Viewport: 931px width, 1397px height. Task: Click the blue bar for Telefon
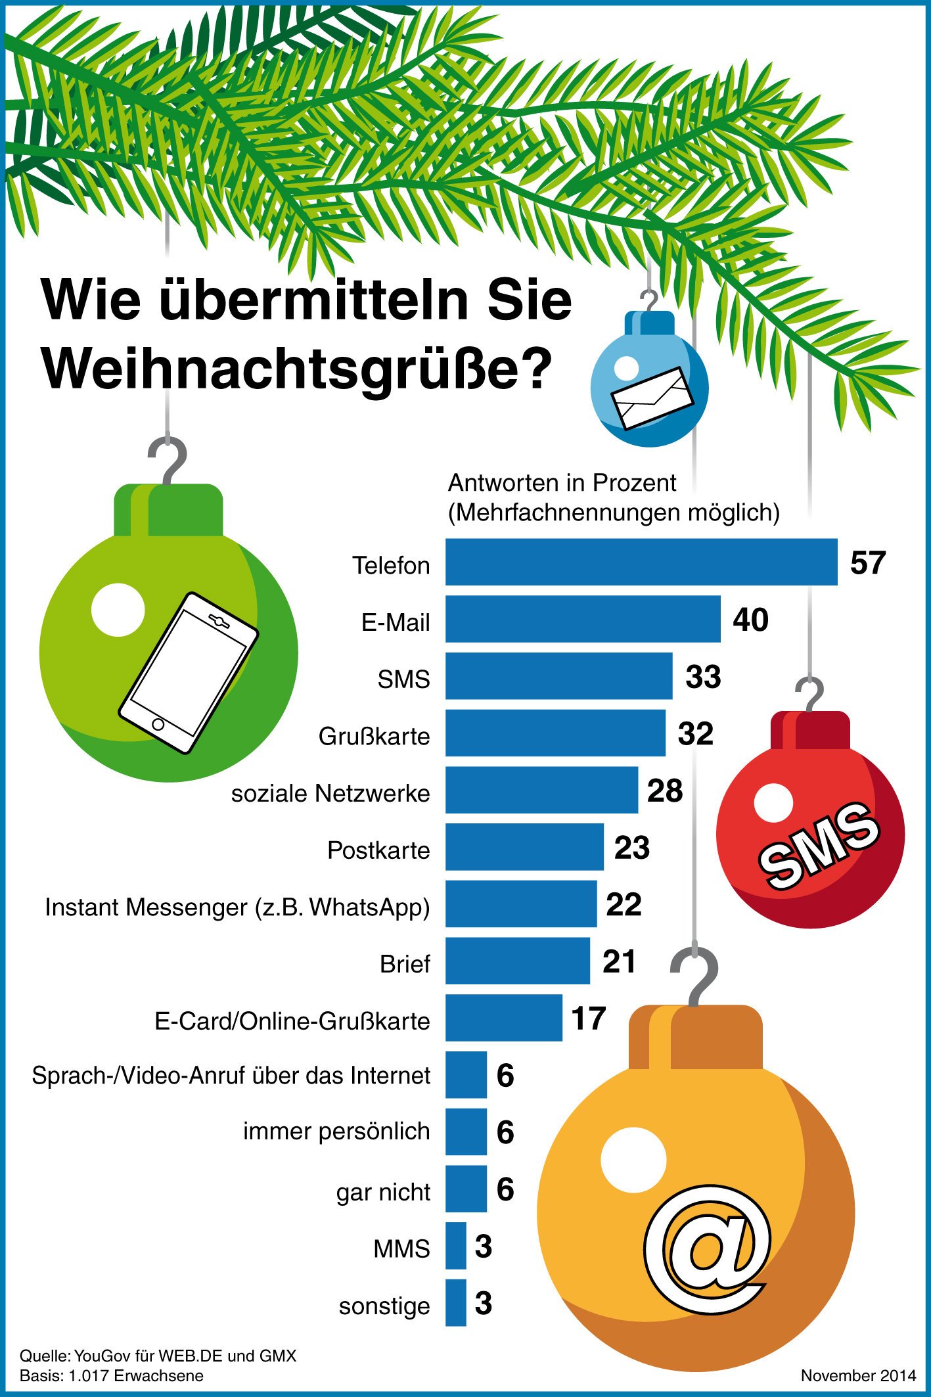click(x=641, y=562)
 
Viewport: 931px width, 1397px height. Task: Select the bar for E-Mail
click(x=583, y=619)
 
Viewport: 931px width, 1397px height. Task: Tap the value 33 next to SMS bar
click(x=703, y=677)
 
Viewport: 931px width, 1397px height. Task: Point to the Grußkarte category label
click(x=374, y=737)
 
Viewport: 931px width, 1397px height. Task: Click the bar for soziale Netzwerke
click(x=541, y=790)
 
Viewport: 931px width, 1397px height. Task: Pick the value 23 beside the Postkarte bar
click(x=632, y=848)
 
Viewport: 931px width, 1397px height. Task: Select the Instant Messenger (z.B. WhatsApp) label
click(x=237, y=907)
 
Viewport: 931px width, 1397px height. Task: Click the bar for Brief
click(x=518, y=961)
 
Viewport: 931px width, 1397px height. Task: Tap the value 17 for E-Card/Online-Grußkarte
click(x=588, y=1019)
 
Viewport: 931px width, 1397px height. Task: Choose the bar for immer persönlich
click(x=466, y=1132)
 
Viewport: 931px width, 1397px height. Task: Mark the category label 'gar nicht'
click(x=383, y=1192)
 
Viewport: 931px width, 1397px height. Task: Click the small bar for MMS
click(x=455, y=1246)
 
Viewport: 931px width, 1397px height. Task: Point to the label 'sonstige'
click(x=384, y=1306)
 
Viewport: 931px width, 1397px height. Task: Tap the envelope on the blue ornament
click(x=652, y=399)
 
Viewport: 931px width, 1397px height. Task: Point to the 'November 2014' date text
click(x=857, y=1375)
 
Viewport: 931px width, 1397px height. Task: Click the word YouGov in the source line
click(x=102, y=1356)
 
